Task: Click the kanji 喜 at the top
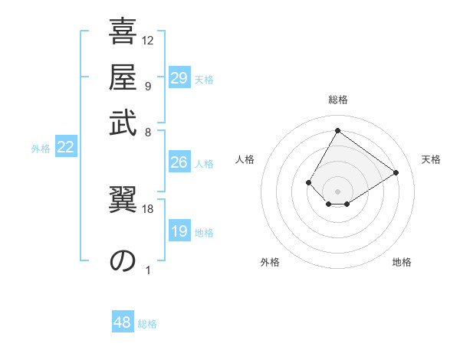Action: [123, 33]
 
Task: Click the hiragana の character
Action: [123, 260]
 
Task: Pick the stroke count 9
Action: [148, 86]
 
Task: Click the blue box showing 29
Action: [179, 78]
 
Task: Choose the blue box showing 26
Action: [179, 162]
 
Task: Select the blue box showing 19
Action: [179, 232]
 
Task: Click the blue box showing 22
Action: [66, 148]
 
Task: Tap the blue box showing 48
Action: [123, 322]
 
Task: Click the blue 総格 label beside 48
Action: [147, 324]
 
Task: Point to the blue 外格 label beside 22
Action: [41, 149]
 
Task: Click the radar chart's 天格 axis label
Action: [431, 159]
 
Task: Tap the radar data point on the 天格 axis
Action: [396, 172]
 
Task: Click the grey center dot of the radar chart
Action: [337, 191]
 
